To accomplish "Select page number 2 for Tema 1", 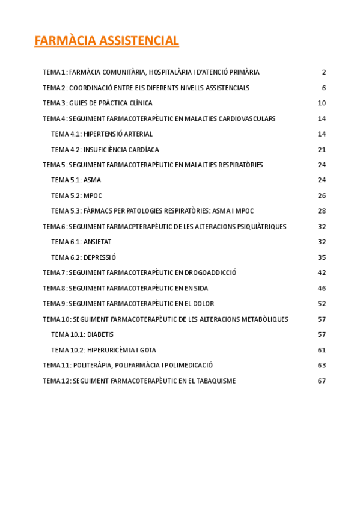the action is (x=323, y=72).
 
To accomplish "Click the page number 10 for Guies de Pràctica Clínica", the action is (x=322, y=103).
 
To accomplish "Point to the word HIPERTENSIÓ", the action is (x=105, y=134).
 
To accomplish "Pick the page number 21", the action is (x=322, y=150).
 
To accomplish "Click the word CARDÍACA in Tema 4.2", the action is (x=143, y=150).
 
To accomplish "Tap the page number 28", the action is (x=322, y=211).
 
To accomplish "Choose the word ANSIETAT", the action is (x=97, y=242).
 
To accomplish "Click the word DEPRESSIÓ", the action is (x=100, y=257).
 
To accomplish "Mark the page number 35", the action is (x=322, y=257).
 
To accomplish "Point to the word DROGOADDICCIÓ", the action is (x=210, y=272).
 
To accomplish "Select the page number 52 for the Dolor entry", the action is (x=322, y=304).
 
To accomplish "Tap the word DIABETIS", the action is (x=100, y=334).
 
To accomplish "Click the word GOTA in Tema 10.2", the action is (x=148, y=350).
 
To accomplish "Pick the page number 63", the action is (x=322, y=365).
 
